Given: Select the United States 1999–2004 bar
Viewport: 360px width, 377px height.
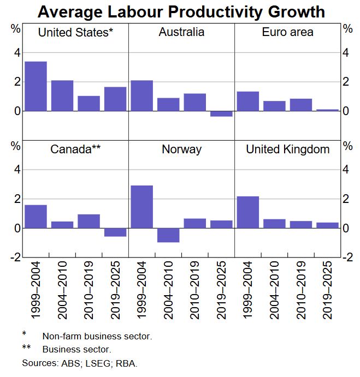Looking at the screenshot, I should (x=36, y=86).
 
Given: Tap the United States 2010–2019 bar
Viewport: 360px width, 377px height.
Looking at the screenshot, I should (x=88, y=103).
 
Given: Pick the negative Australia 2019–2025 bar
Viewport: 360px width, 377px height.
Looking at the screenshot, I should (x=221, y=113).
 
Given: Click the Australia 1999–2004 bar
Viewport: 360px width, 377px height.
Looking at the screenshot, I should (x=141, y=95).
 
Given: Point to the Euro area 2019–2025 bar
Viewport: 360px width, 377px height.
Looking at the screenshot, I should (x=327, y=110).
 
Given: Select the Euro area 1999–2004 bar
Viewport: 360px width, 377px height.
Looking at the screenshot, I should (x=247, y=101).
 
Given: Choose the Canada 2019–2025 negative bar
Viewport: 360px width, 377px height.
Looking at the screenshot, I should (x=115, y=232).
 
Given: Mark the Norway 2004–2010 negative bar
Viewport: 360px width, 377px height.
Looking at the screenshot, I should (x=168, y=235).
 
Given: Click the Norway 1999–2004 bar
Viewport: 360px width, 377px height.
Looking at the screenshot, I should (x=141, y=207).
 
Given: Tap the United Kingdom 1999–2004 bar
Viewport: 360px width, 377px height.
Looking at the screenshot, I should (x=247, y=212).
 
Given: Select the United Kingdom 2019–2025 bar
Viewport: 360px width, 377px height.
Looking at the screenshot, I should (x=327, y=225).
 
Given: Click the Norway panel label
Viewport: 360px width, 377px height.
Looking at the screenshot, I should (x=181, y=149).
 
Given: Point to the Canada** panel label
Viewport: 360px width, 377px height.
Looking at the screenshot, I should (x=75, y=149).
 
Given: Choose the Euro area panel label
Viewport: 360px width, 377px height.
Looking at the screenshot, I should (x=287, y=32).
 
